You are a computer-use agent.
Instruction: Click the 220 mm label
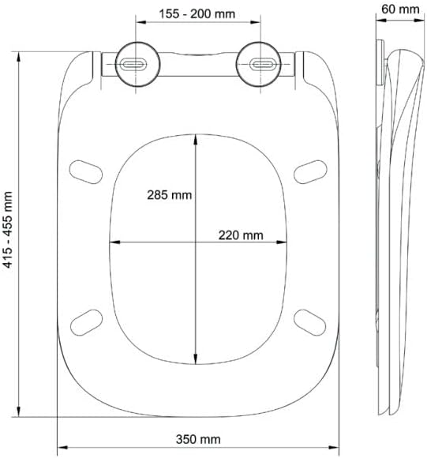(x=240, y=235)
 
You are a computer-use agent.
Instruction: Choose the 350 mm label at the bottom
(x=199, y=439)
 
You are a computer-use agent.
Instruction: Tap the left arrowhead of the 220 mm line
(x=111, y=242)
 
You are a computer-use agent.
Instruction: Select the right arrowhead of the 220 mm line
(x=281, y=242)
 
